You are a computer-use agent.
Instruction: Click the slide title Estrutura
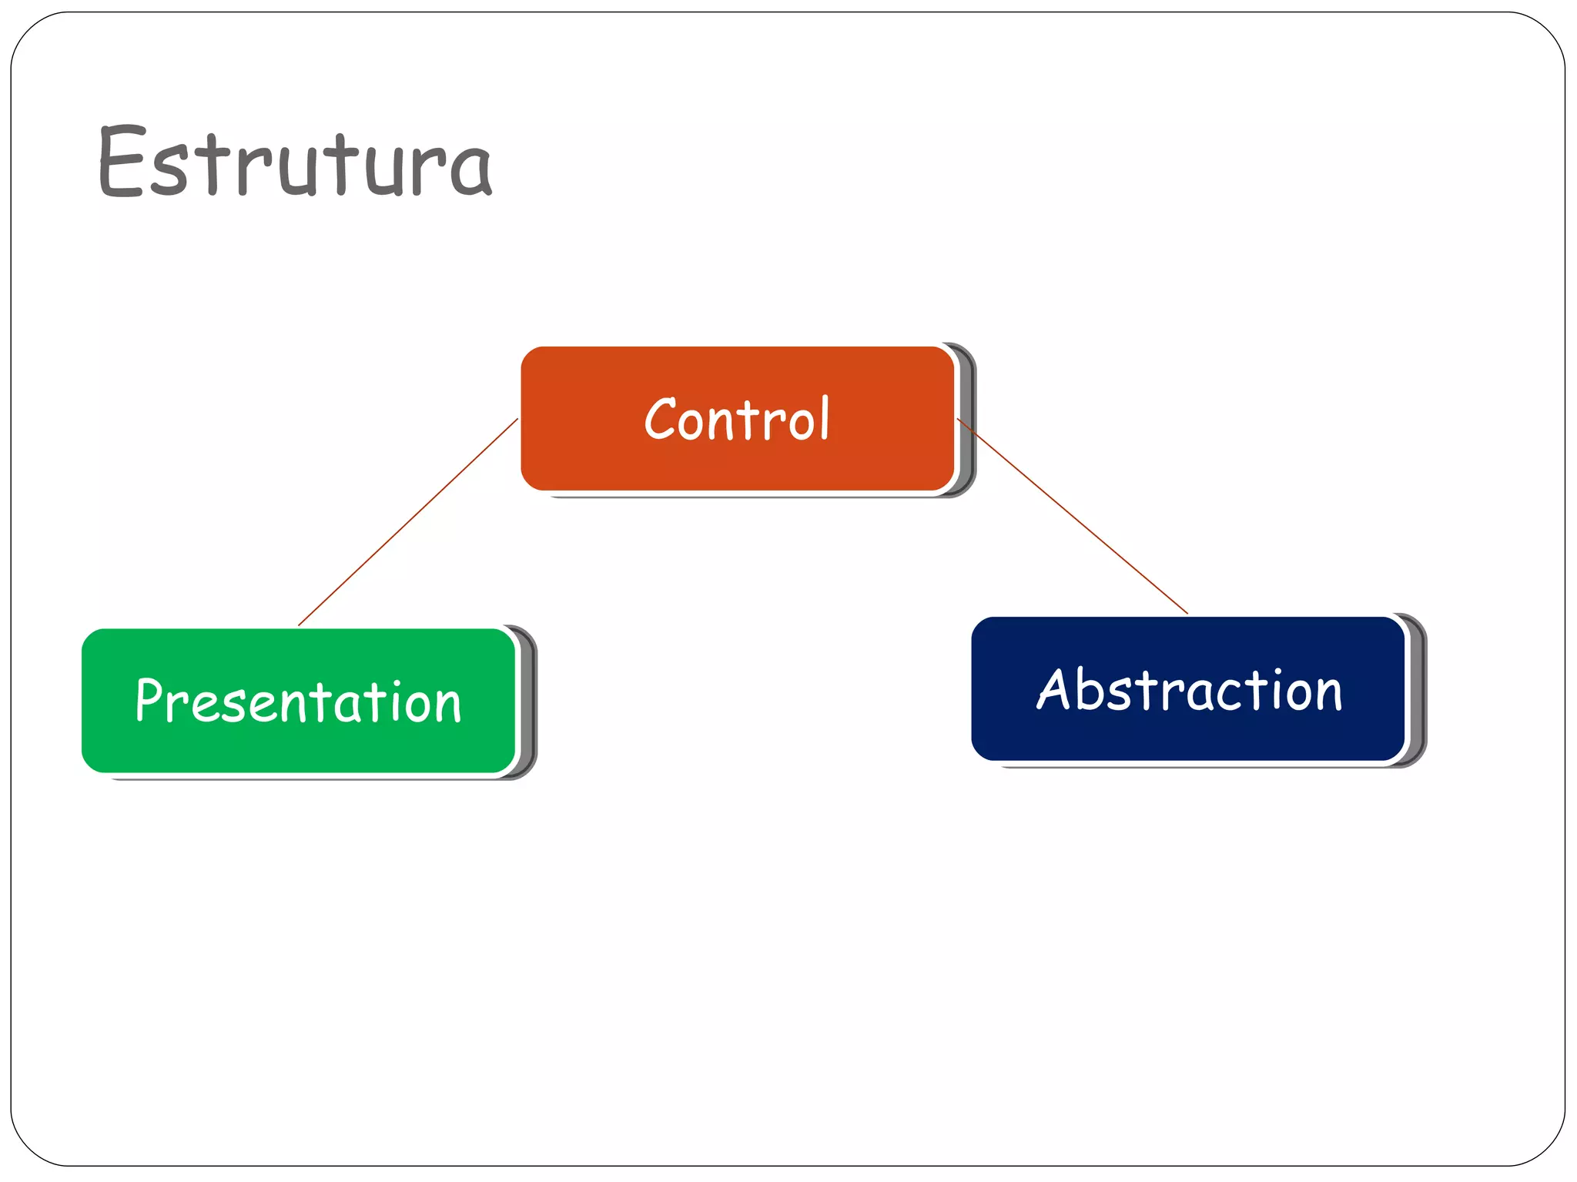point(295,162)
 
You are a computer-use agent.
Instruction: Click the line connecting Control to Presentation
point(408,522)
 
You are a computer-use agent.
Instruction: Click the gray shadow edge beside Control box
point(968,420)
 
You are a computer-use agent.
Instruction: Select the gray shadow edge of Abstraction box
point(1418,691)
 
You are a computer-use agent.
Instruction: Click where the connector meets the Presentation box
point(300,625)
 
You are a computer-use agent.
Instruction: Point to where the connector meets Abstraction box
point(1186,613)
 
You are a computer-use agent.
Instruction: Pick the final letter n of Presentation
point(447,706)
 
